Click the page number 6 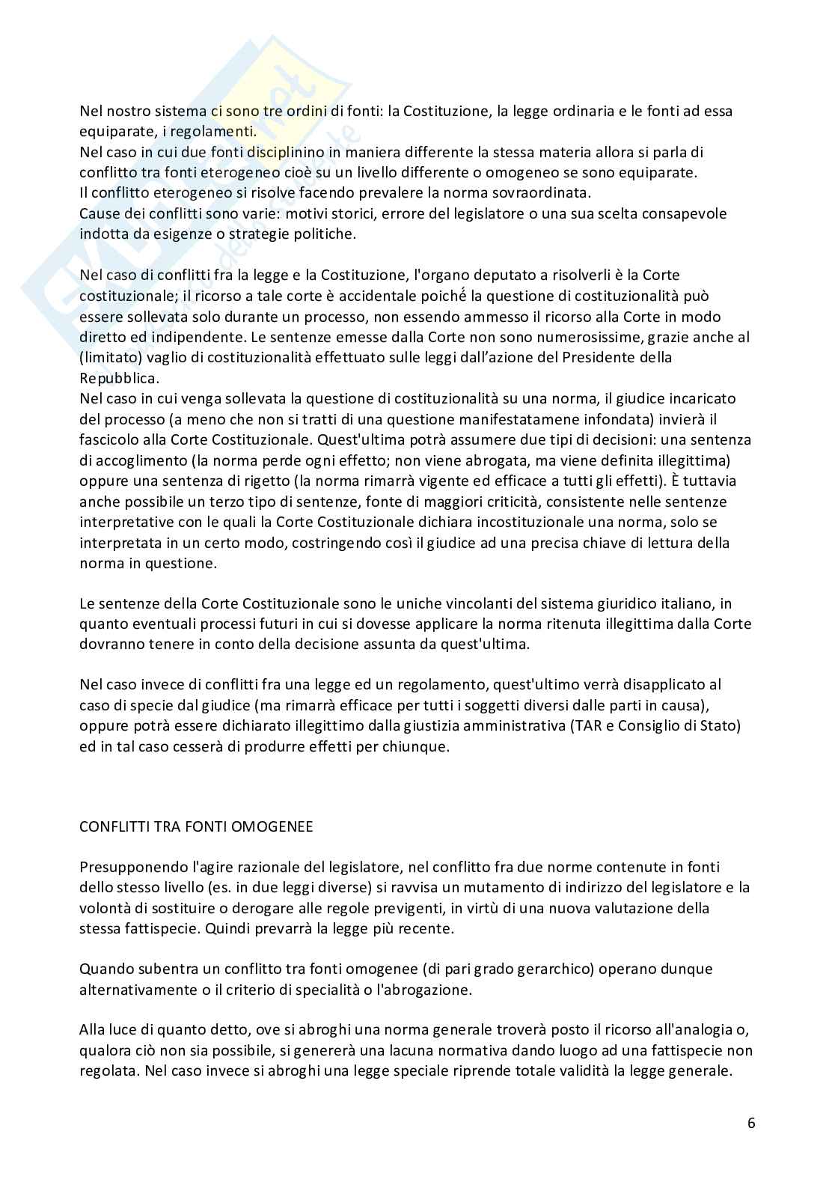[750, 1123]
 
